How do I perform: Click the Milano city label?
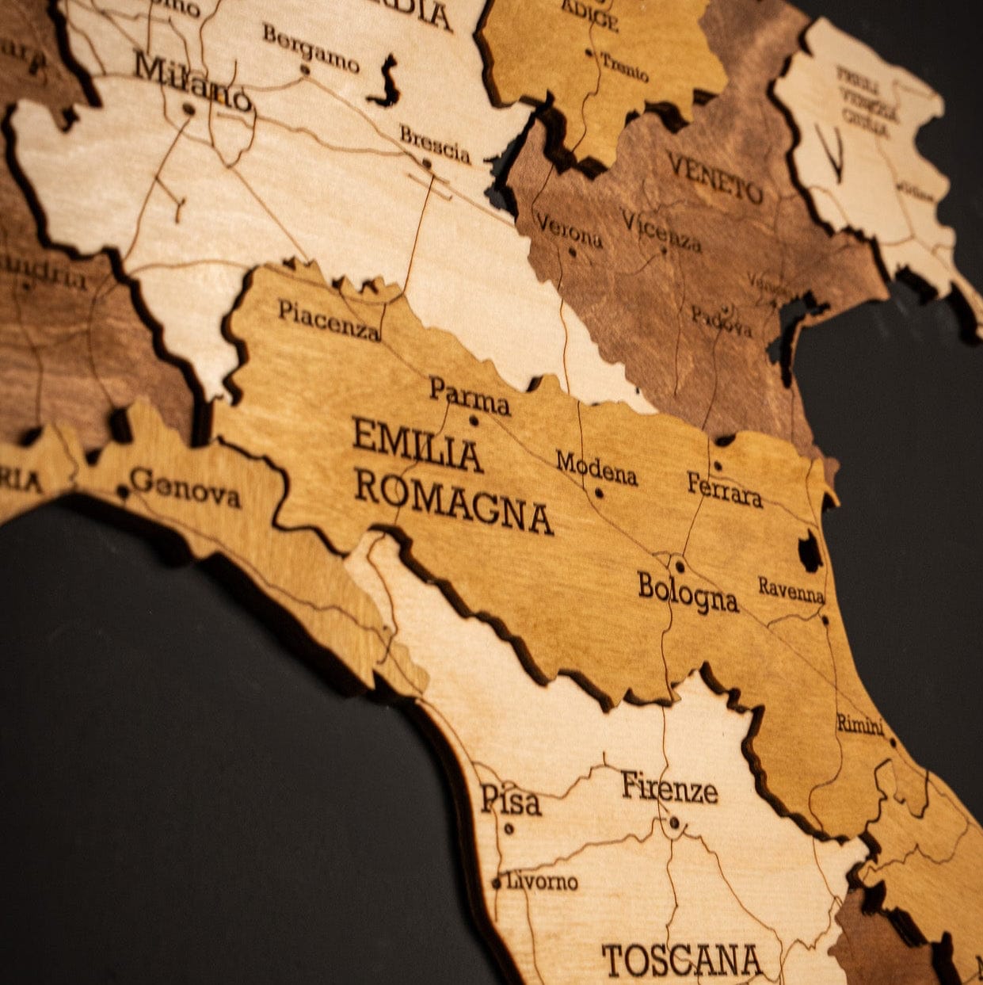coord(192,80)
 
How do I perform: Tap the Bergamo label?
coord(311,48)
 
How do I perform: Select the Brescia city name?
coord(435,144)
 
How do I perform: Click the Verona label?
coord(569,230)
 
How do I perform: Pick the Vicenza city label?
coord(661,231)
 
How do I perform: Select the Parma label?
coord(469,396)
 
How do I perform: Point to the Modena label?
coord(596,468)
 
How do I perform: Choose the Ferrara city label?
coord(725,490)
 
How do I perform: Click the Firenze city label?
coord(669,788)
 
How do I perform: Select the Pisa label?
coord(511,800)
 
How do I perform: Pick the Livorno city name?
coord(543,880)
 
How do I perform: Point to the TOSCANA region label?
coord(682,960)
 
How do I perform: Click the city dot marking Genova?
coord(123,492)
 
